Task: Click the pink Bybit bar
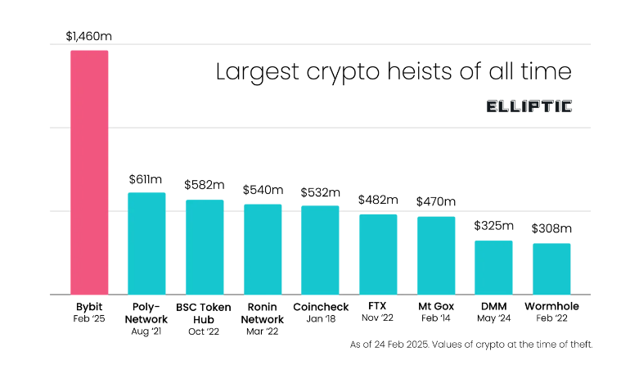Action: (x=89, y=172)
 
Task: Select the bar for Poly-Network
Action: (x=146, y=243)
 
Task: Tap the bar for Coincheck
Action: (x=320, y=250)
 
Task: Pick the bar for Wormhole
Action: (x=551, y=268)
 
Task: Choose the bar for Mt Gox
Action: (x=436, y=255)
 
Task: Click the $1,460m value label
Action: (x=89, y=37)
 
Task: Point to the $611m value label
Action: (x=146, y=179)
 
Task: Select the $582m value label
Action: (x=205, y=186)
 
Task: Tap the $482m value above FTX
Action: (x=378, y=200)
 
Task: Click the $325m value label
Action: (x=494, y=226)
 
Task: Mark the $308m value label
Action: (x=551, y=228)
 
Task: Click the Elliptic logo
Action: (x=529, y=106)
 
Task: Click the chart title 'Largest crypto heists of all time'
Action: (x=393, y=71)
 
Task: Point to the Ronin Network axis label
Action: (x=263, y=313)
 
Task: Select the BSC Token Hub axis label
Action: (x=205, y=313)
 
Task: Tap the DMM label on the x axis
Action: (x=494, y=307)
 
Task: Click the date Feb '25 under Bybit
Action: (x=89, y=319)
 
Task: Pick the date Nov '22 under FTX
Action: (x=378, y=319)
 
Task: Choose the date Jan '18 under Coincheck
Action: (x=320, y=319)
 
